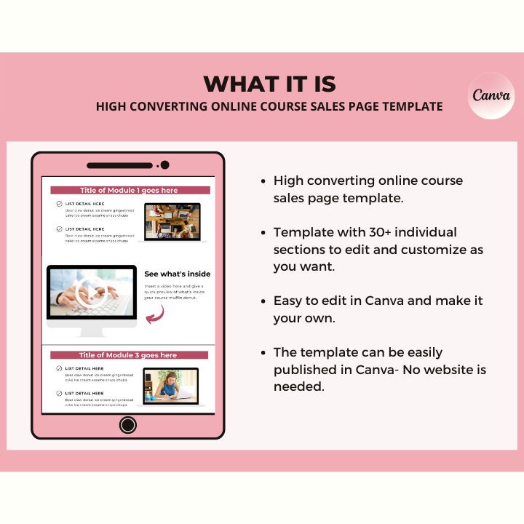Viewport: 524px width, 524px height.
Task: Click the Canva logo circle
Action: coord(491,95)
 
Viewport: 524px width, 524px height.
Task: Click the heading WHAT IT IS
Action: coord(270,84)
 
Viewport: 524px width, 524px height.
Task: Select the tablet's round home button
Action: coord(128,425)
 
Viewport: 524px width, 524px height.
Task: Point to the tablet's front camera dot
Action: coord(164,165)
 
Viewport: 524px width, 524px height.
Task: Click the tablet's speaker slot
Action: coord(120,165)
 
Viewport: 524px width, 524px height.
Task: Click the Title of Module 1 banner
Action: coord(129,190)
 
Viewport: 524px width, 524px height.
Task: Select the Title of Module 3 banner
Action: coord(128,355)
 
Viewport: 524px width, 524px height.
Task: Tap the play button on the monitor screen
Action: coord(92,292)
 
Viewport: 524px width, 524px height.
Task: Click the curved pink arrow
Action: coord(155,314)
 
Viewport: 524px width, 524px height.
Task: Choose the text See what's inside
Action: coord(178,274)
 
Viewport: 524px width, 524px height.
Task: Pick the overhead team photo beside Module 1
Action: coord(172,221)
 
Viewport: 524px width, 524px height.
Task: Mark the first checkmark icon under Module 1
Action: coord(59,205)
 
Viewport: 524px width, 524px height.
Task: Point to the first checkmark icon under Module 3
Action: coord(59,369)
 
